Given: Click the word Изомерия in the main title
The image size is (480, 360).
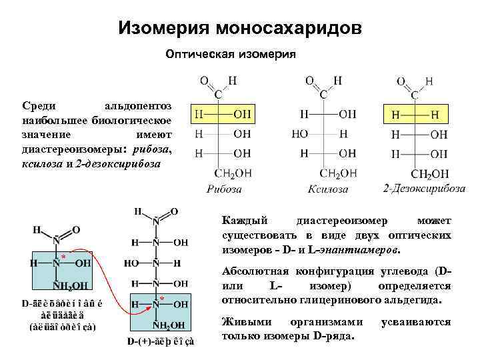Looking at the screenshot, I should [x=163, y=28].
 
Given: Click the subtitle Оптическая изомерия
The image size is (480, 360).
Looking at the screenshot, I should [x=229, y=53].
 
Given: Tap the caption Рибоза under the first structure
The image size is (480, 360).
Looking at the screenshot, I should [x=224, y=189].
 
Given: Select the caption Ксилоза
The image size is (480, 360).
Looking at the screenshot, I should [x=328, y=189].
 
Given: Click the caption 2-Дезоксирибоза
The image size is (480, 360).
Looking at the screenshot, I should [x=424, y=188].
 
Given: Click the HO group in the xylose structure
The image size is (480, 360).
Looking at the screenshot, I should [x=300, y=134].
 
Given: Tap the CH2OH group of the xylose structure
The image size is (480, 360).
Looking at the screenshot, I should [x=338, y=173].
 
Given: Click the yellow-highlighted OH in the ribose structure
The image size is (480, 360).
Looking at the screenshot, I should [x=241, y=115].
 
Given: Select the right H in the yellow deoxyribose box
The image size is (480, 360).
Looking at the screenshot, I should [x=435, y=115].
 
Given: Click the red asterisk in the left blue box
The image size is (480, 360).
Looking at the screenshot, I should [x=63, y=257].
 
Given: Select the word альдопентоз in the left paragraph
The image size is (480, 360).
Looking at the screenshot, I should [x=139, y=106].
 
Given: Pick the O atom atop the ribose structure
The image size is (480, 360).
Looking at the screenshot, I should [x=203, y=81].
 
